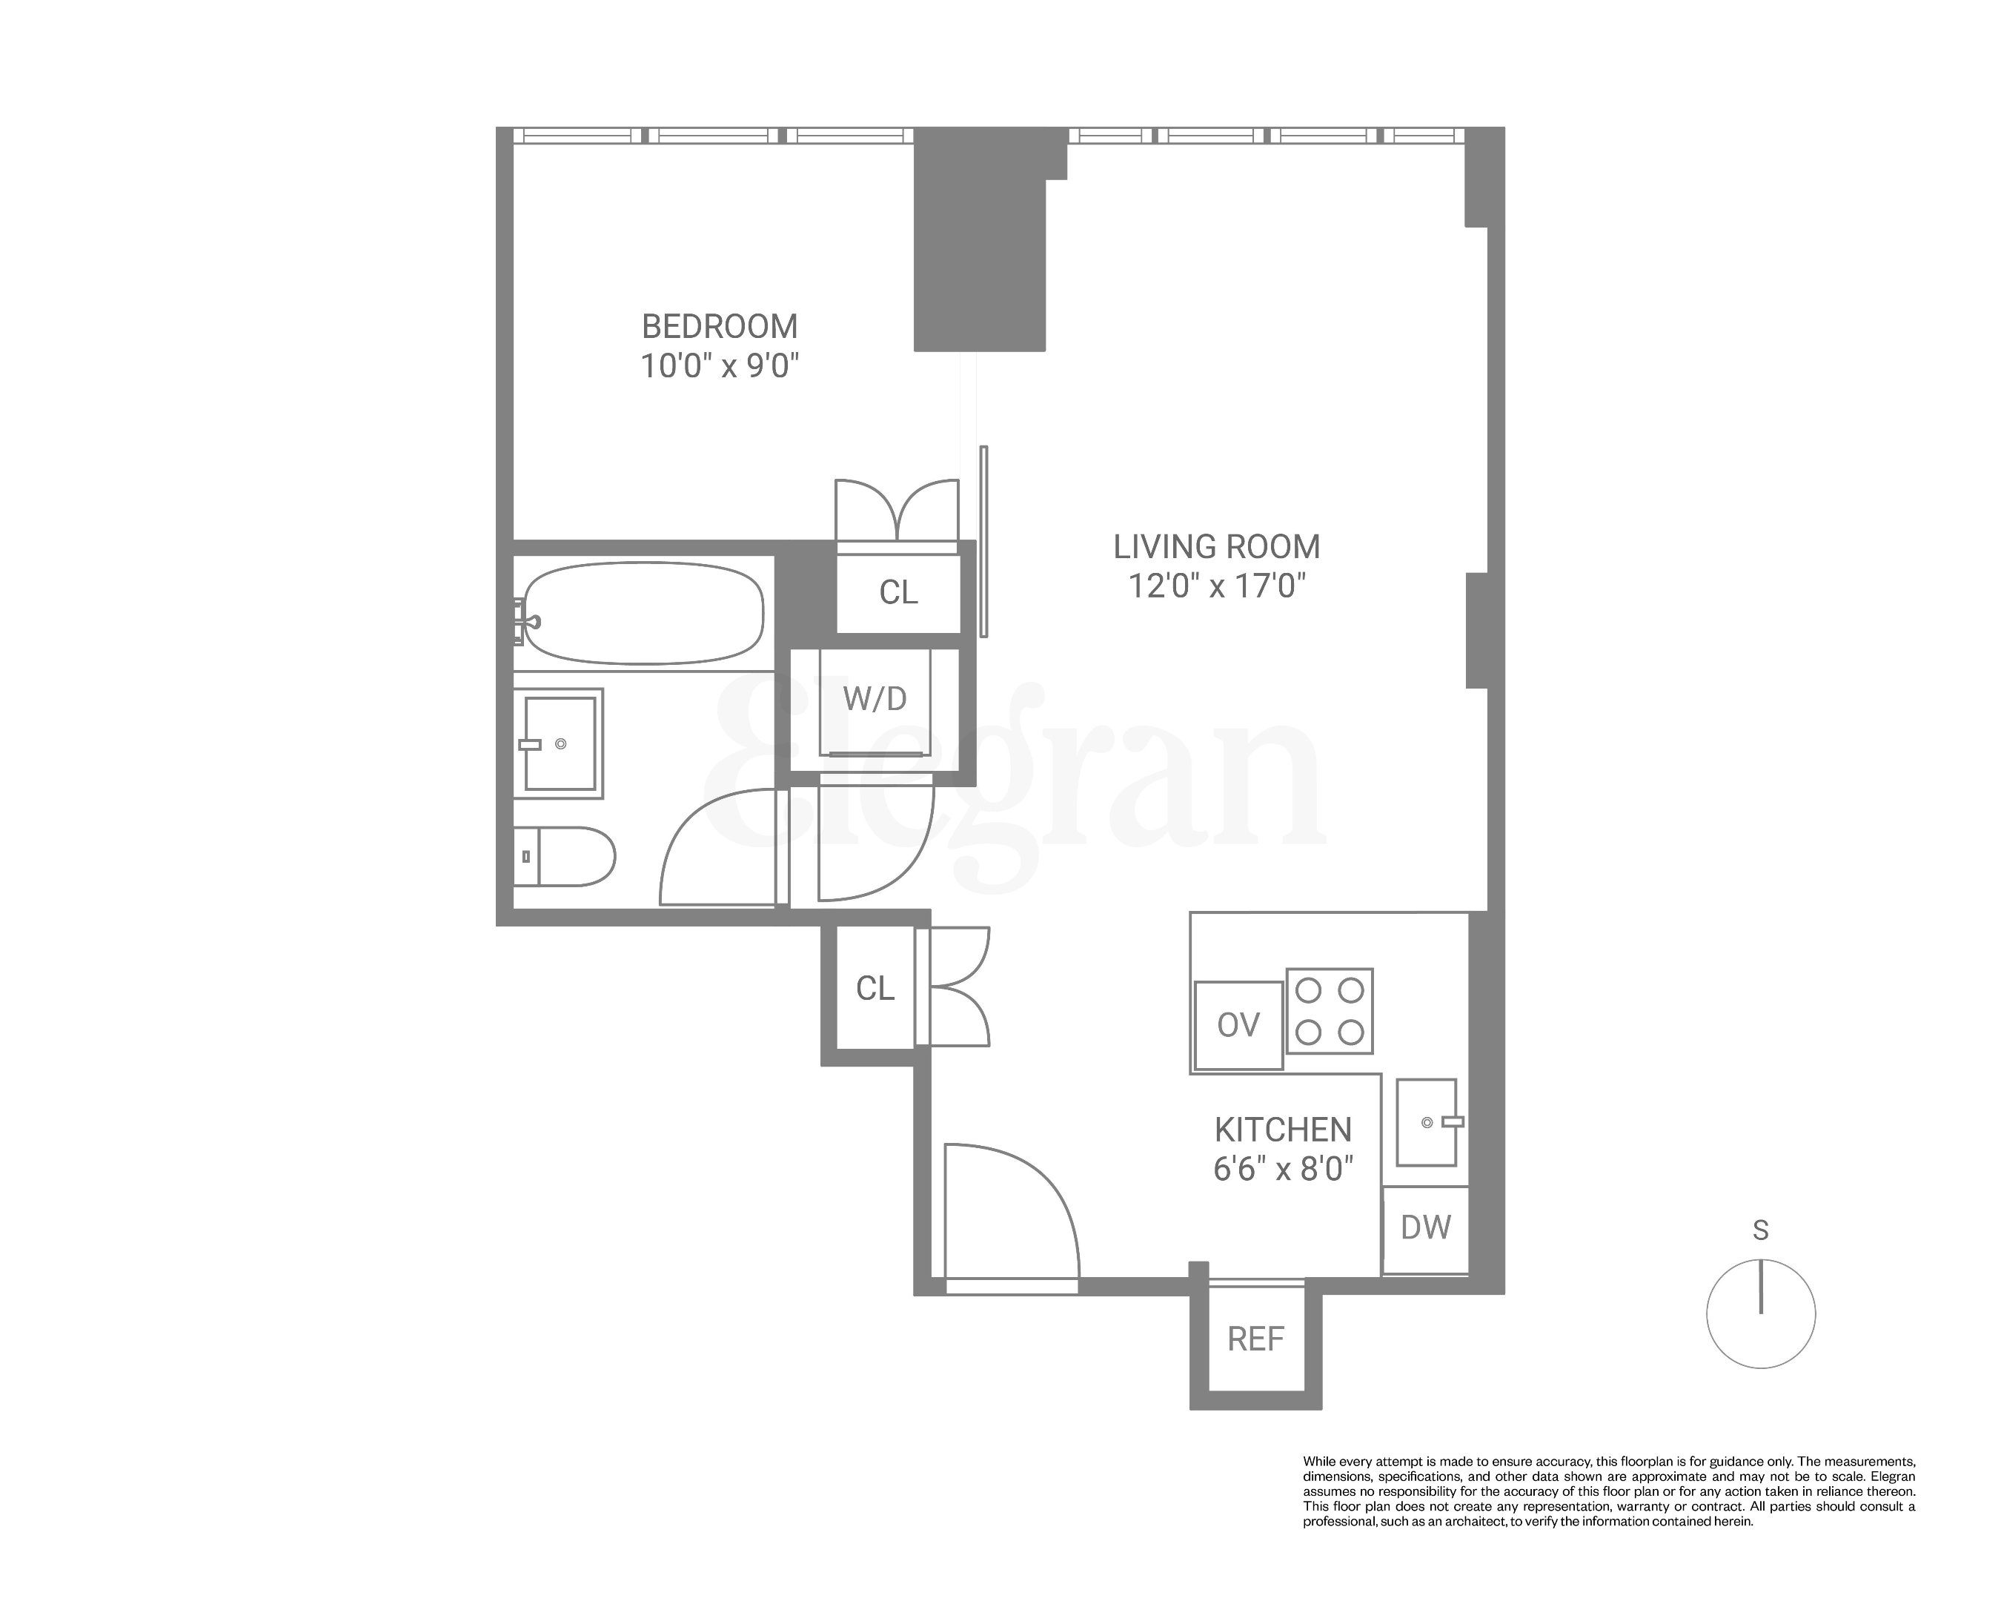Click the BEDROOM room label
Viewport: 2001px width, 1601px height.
(x=720, y=327)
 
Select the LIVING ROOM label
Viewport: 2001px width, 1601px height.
(x=1216, y=547)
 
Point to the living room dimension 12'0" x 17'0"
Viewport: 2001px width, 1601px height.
(x=1216, y=586)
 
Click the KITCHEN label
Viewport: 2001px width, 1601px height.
(x=1283, y=1130)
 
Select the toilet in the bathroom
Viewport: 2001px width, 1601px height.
(x=566, y=856)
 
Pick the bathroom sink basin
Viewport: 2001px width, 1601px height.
(x=560, y=743)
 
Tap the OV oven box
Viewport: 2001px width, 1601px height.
(x=1238, y=1024)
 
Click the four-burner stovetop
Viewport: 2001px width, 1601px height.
(x=1329, y=1011)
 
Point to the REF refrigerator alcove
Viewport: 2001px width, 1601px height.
(x=1255, y=1339)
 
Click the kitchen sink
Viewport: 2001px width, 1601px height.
(x=1427, y=1121)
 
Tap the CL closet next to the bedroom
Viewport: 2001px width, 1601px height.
(x=898, y=592)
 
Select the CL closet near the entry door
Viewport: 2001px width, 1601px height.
(x=875, y=989)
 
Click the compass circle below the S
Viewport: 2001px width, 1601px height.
(x=1761, y=1313)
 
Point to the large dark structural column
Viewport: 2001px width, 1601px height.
(x=980, y=251)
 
